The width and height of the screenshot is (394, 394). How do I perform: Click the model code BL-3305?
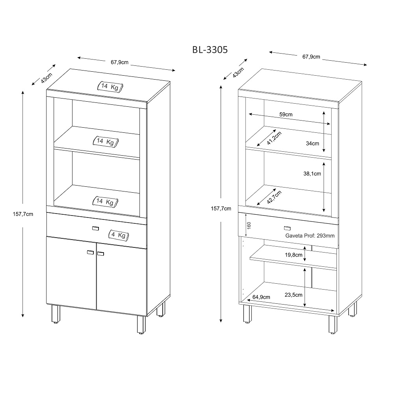coord(210,50)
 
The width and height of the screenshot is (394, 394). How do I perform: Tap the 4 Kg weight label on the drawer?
coord(119,235)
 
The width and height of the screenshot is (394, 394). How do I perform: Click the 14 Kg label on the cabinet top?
coord(110,87)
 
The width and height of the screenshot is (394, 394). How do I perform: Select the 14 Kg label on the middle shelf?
coord(106,142)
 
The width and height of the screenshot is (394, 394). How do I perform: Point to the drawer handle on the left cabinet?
coord(95,229)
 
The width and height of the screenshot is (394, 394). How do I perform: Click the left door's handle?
coord(91,252)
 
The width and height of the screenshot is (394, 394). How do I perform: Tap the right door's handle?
coord(100,253)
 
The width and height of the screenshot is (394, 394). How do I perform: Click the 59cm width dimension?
coord(286,114)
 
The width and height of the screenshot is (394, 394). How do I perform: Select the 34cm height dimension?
coord(312,143)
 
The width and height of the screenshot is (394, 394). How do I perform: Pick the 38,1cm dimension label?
coord(312,174)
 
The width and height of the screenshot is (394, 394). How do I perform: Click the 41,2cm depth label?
coord(274,138)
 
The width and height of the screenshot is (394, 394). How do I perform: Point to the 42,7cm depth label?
coord(274,197)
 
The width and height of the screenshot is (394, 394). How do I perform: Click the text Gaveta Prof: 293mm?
coord(310,236)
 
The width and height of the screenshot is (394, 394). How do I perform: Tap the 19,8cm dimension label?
coord(294,255)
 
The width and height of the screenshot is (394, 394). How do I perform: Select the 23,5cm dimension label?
coord(294,295)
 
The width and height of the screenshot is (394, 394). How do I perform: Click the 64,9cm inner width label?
coord(261,297)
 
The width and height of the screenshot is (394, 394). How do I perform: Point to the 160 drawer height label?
coord(249,225)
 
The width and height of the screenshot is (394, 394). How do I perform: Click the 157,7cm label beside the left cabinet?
coord(23,214)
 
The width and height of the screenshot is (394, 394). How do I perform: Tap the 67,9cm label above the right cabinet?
coord(311,57)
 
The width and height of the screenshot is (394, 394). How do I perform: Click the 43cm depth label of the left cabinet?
coord(46,78)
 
